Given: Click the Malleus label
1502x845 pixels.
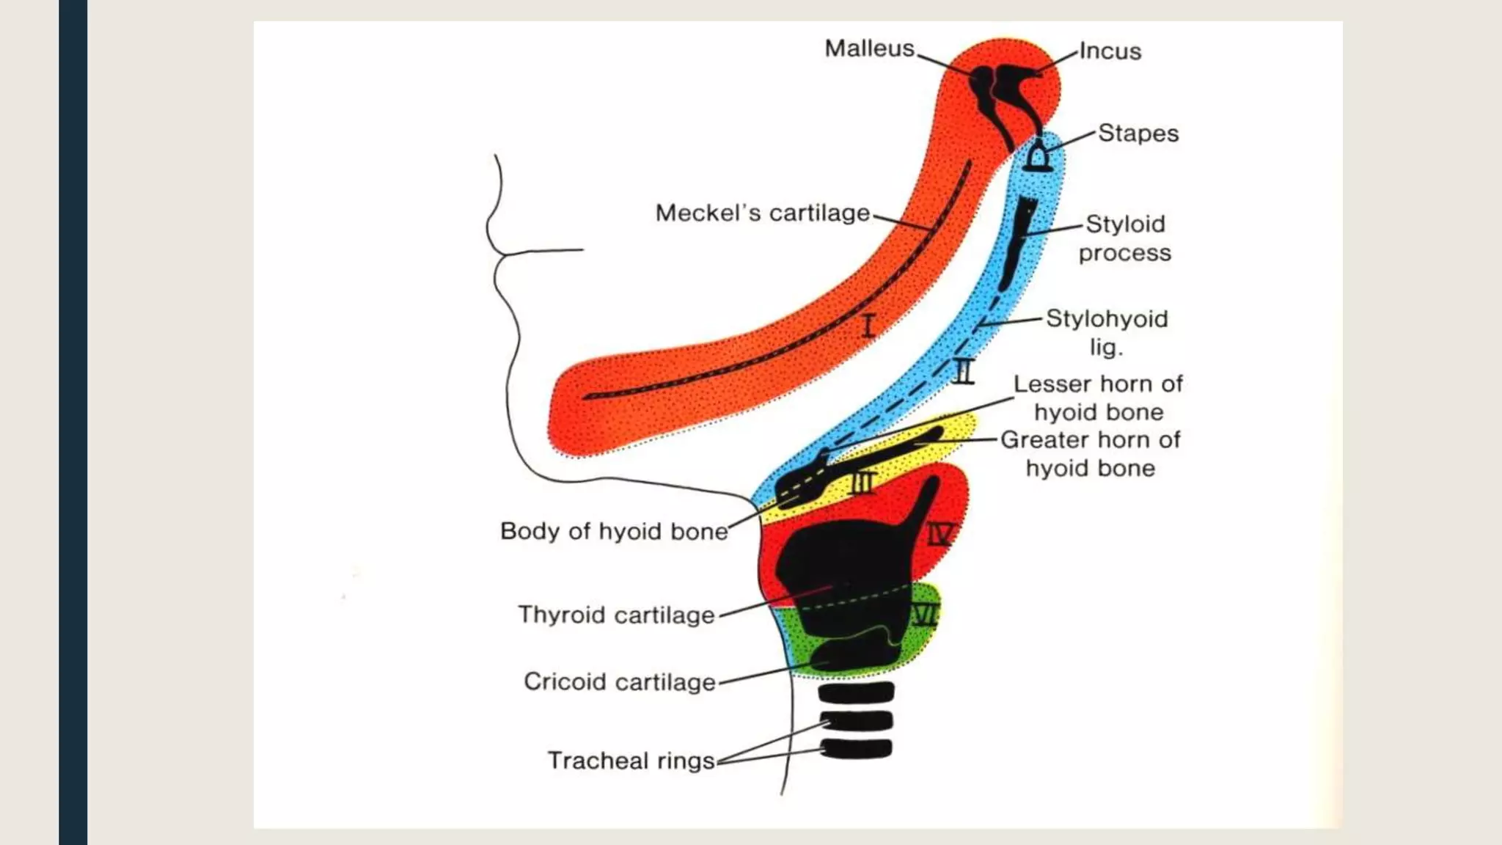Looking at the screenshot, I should [869, 48].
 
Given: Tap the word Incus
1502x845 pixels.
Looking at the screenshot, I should [1110, 51].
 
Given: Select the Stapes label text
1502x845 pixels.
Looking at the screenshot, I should [1138, 133].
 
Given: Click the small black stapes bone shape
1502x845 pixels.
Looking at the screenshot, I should [1037, 158].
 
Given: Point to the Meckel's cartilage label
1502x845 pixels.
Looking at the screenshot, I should [762, 213].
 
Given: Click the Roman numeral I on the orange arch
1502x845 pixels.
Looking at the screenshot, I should [868, 325].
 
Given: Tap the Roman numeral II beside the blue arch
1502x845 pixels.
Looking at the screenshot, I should [964, 371].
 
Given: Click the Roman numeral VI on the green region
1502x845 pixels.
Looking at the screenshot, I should [925, 615].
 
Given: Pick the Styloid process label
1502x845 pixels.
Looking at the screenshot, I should [1124, 238].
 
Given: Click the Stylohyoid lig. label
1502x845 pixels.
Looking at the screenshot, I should [1106, 332].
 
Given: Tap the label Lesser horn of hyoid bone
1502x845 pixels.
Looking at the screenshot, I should [1098, 398].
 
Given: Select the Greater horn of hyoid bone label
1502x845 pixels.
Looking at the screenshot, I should [1091, 453].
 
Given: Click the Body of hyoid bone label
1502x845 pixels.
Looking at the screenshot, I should [613, 531].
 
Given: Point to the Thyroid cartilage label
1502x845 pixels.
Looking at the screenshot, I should [616, 615].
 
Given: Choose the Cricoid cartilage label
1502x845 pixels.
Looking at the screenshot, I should [619, 681].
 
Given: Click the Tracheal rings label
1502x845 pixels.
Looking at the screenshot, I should [631, 761].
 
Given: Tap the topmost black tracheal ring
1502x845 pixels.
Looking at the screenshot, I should [856, 692].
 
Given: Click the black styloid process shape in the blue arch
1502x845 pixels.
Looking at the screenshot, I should [1018, 242].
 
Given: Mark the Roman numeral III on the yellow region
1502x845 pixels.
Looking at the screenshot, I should [863, 483].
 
